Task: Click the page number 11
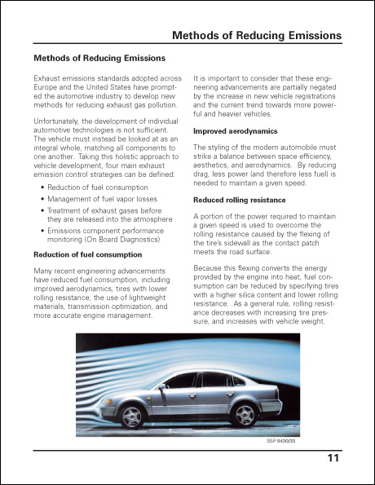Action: [x=333, y=459]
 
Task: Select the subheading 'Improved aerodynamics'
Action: [x=235, y=131]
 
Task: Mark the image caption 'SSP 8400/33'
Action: [x=282, y=441]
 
